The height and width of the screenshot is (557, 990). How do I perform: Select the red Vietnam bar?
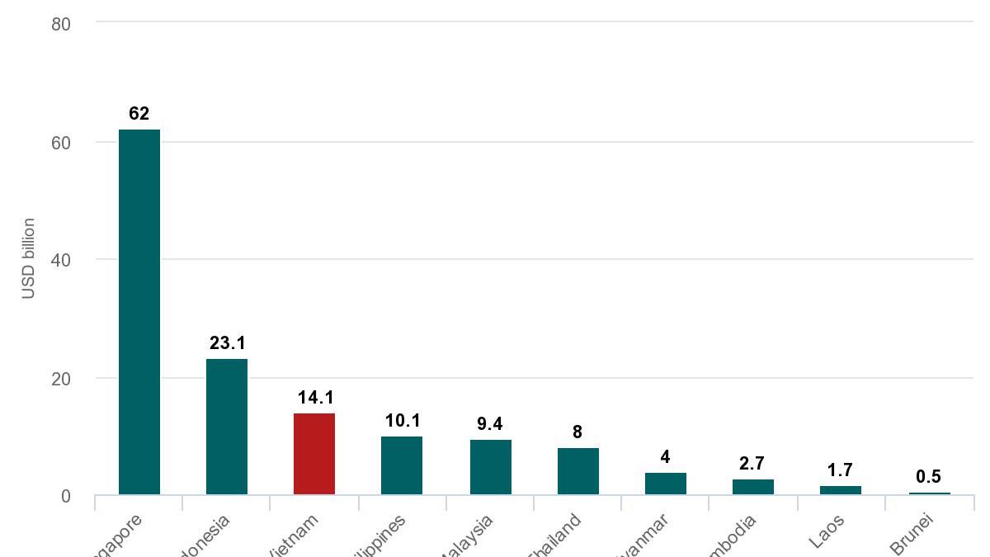click(314, 454)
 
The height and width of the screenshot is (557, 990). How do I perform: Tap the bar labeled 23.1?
click(227, 427)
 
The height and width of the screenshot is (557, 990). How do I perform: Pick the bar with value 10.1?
click(402, 465)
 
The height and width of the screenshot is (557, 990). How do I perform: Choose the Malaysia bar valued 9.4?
click(490, 467)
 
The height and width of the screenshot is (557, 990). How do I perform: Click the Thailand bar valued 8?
click(577, 471)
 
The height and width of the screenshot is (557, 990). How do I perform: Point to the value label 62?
click(139, 114)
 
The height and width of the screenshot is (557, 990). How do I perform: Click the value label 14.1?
click(315, 398)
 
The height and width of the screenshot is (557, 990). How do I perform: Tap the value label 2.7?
click(752, 464)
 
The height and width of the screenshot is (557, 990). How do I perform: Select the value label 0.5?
click(928, 477)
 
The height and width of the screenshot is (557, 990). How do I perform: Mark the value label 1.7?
click(840, 470)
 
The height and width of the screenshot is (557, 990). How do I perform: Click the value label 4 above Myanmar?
click(665, 457)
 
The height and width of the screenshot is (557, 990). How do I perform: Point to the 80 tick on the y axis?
click(61, 24)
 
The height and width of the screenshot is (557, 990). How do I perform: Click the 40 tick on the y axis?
click(61, 260)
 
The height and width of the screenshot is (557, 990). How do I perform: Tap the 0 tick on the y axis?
click(65, 496)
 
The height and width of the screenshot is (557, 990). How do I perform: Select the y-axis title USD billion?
click(29, 258)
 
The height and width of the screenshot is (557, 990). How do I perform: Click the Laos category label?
click(827, 531)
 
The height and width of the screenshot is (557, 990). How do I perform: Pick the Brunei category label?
click(912, 535)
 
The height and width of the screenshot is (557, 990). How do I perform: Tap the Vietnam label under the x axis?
click(296, 536)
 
